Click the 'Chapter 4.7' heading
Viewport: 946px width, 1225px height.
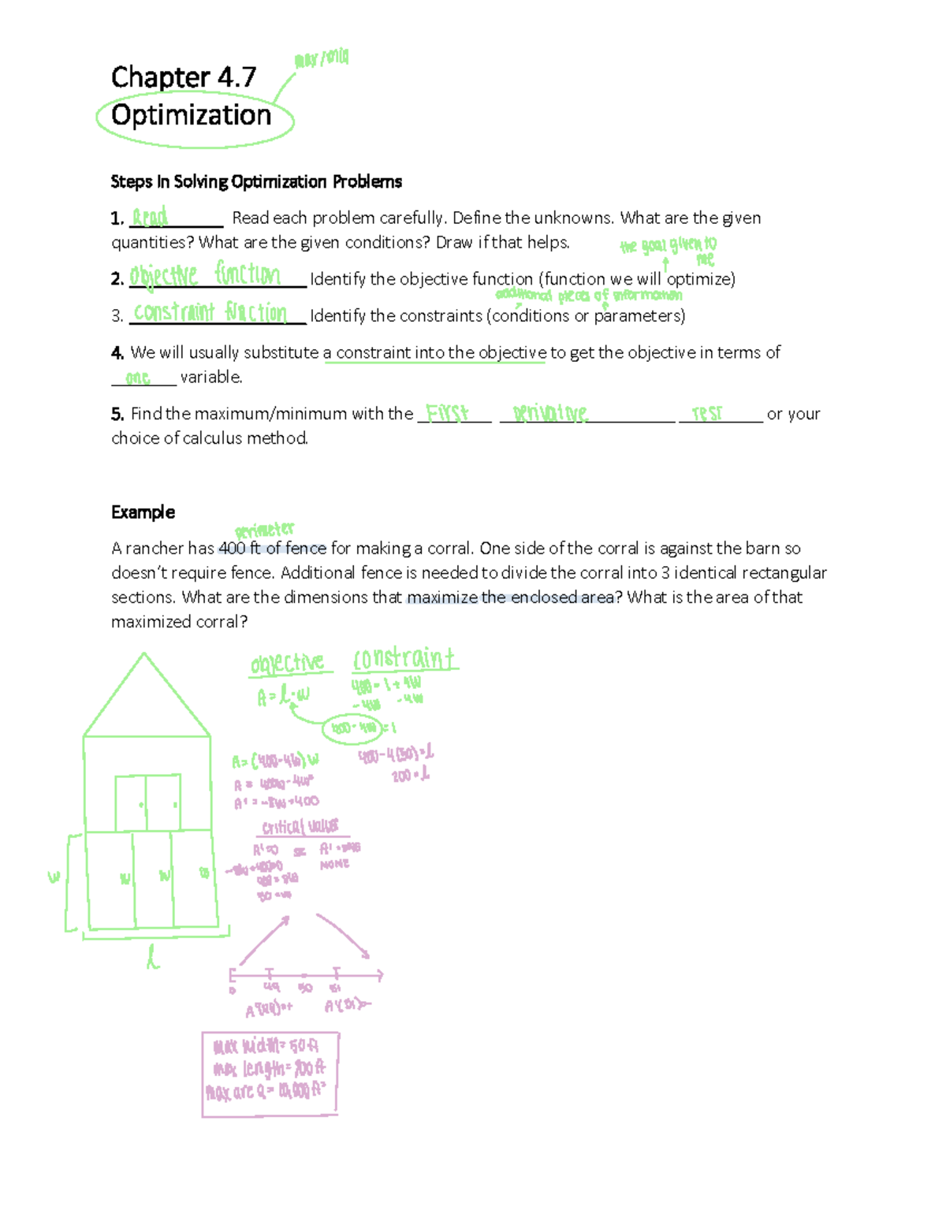click(x=184, y=77)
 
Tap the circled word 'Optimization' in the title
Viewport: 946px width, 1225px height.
click(x=192, y=116)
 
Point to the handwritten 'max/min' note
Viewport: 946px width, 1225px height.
click(x=321, y=59)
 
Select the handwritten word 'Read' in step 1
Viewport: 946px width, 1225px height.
click(x=150, y=217)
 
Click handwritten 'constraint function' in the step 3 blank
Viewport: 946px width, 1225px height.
click(x=210, y=312)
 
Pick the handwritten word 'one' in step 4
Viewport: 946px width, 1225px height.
click(x=138, y=378)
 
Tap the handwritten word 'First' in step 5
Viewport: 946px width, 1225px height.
click(x=447, y=413)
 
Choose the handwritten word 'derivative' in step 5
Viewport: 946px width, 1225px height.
click(x=550, y=413)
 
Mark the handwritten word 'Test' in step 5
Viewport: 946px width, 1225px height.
click(x=706, y=413)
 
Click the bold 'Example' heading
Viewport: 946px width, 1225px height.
click(x=143, y=512)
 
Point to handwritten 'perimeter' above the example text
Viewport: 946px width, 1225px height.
click(x=264, y=531)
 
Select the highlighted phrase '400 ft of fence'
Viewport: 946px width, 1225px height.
click(x=272, y=549)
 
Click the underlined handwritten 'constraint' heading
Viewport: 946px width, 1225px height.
click(x=404, y=659)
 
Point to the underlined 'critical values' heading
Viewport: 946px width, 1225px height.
click(x=300, y=827)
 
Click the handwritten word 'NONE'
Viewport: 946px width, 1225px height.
click(x=334, y=865)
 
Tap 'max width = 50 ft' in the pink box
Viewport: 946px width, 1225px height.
click(x=266, y=1046)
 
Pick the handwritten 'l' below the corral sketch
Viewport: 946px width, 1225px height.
click(x=153, y=957)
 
